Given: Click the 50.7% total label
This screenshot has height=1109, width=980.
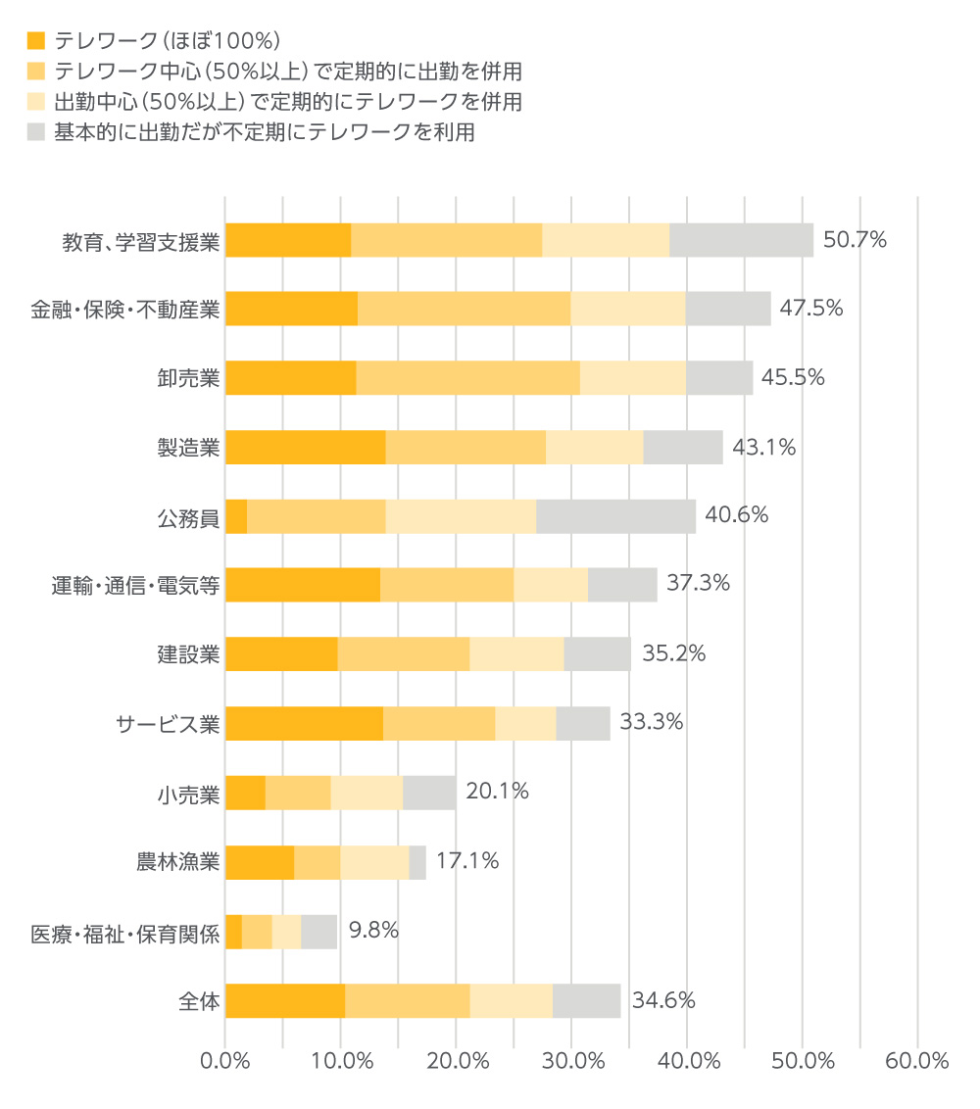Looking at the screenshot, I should tap(855, 240).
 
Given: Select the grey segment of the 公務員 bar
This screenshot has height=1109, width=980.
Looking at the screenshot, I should tap(615, 516).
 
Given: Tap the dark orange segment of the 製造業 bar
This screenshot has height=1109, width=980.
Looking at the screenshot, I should tap(305, 447).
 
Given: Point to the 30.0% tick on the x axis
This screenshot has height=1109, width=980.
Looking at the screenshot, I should tap(572, 1061).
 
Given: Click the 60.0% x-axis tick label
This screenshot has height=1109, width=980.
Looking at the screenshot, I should tap(918, 1061).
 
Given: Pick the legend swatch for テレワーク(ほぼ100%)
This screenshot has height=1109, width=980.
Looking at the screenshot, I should tap(36, 41).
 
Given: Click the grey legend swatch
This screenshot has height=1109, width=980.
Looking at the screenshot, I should tap(36, 132).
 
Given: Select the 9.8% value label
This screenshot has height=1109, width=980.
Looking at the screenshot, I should tap(373, 931).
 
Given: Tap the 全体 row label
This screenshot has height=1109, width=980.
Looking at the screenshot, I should tap(199, 1000).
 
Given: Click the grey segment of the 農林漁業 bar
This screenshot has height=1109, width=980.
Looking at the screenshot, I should tap(417, 862).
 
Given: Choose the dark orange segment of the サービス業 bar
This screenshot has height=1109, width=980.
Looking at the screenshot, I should tap(304, 723).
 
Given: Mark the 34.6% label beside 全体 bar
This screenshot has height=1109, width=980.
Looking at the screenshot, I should tap(663, 1000).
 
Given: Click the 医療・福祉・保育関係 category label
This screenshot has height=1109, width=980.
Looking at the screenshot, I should tap(124, 932).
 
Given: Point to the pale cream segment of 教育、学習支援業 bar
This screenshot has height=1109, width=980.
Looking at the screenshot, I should tap(605, 240).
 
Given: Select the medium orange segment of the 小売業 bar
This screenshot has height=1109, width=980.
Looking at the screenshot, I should tap(298, 793).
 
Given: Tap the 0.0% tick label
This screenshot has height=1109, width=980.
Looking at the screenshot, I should tap(225, 1061).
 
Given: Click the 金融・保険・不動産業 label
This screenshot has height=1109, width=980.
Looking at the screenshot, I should tap(124, 310).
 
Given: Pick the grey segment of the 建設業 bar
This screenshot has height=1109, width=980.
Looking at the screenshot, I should tap(597, 654).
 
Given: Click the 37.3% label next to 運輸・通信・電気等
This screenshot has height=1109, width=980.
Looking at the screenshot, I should tap(698, 584).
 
